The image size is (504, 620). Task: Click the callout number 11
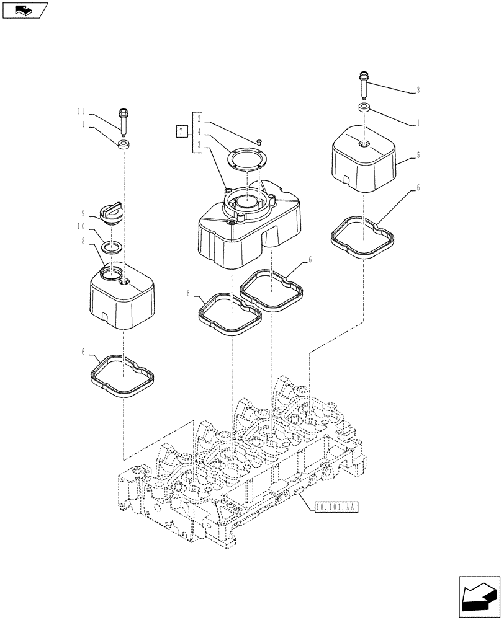[80, 111]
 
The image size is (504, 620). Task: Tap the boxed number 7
[181, 131]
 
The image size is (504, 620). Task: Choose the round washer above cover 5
[364, 109]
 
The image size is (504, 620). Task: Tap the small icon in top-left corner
[25, 10]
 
